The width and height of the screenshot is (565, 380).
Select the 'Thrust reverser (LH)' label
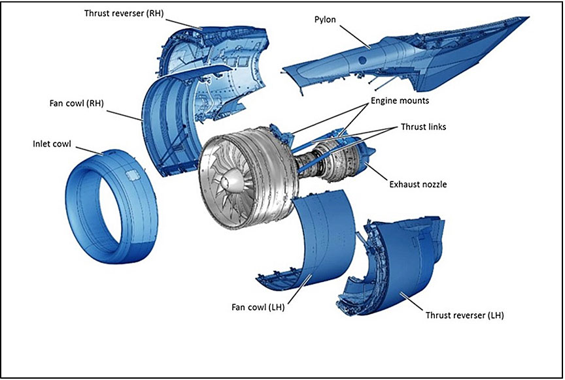(464, 315)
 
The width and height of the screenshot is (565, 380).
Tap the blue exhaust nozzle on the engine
(367, 160)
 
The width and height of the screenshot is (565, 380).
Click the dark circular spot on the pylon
(362, 60)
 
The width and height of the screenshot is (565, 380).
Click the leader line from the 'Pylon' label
(353, 36)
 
